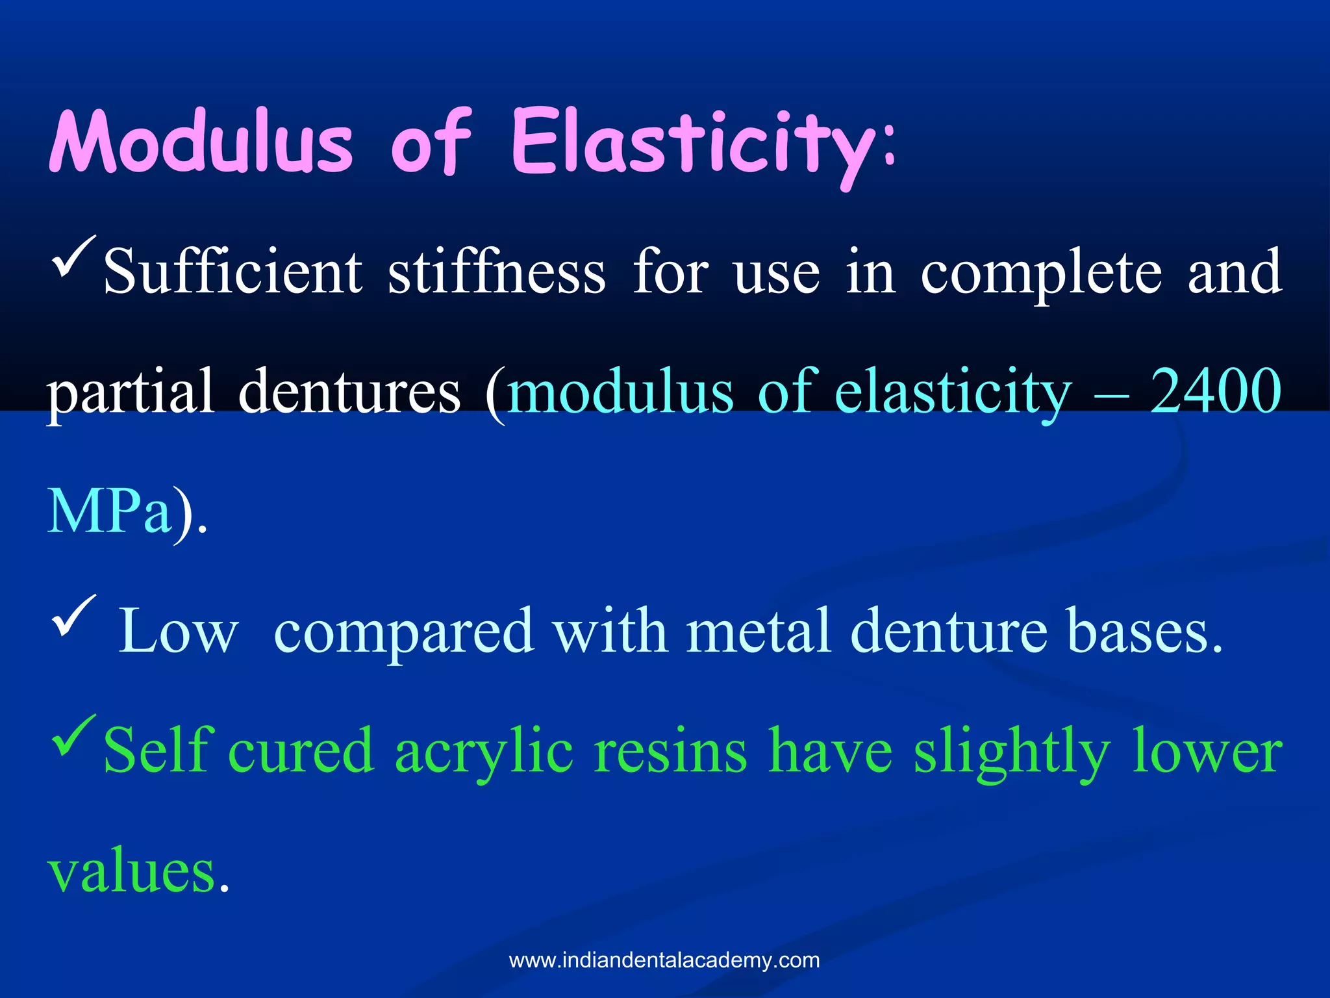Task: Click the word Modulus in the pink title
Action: click(x=201, y=142)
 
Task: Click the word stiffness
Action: click(x=497, y=272)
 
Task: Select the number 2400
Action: click(x=1216, y=391)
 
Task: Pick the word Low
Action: click(x=178, y=630)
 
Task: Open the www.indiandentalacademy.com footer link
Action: click(x=664, y=960)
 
